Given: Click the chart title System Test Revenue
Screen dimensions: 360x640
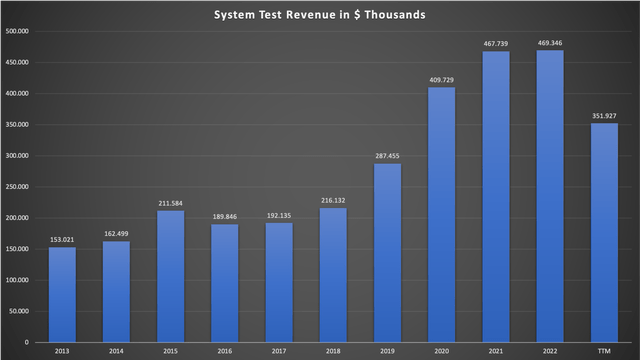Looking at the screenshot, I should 319,15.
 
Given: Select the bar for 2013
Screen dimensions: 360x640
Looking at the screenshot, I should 62,296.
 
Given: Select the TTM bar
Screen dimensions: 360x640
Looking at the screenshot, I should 604,234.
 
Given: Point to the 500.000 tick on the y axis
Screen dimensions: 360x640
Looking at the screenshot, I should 17,31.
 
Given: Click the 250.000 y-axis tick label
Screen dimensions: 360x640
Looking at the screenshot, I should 17,187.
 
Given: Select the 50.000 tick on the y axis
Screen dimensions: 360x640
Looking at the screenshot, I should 19,312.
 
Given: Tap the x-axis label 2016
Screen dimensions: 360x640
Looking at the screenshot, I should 224,351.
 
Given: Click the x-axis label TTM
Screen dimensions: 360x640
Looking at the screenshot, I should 604,351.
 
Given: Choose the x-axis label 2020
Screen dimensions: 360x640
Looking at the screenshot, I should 441,351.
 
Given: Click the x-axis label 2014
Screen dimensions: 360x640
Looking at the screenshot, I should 116,351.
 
